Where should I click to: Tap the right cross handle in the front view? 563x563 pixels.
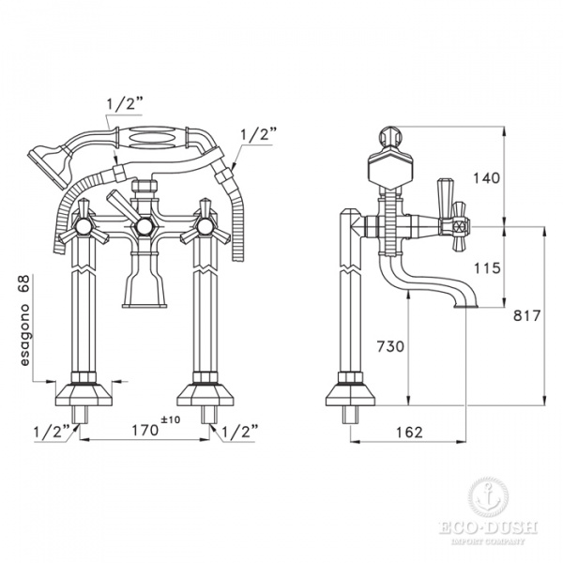(x=208, y=225)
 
